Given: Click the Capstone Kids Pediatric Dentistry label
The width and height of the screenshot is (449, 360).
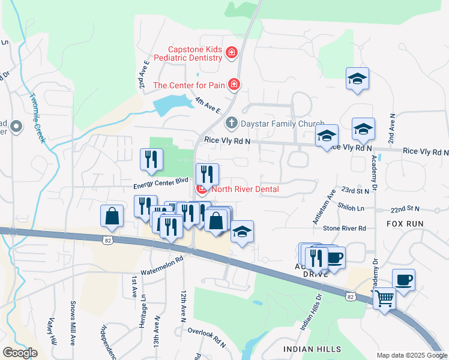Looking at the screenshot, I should [x=188, y=55].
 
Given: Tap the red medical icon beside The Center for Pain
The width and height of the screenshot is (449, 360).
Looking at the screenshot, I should [x=234, y=85].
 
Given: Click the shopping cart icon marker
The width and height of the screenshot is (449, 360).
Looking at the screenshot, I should [x=384, y=298].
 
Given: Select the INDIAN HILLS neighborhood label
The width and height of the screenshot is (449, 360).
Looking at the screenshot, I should [x=312, y=349].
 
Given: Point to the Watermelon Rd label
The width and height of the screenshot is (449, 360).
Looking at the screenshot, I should [x=161, y=265].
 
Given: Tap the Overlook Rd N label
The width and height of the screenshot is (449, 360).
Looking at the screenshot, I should [x=205, y=337].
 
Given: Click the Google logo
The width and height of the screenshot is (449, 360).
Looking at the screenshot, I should [x=20, y=353].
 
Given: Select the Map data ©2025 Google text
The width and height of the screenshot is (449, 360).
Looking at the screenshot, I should [x=412, y=355].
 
